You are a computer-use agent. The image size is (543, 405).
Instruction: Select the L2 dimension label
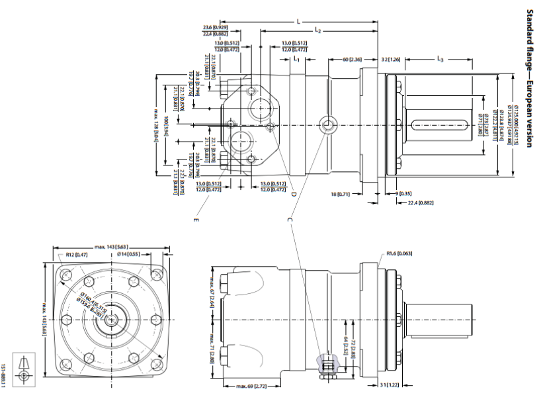(318, 31)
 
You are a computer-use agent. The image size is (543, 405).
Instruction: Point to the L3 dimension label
(440, 60)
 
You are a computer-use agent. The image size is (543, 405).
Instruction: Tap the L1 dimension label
(297, 60)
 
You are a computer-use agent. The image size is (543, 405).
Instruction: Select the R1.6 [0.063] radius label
(399, 253)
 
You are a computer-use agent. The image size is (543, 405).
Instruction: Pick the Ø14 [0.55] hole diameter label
(128, 253)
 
